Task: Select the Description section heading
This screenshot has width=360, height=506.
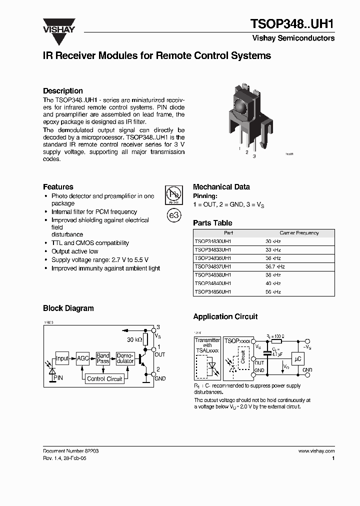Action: point(62,91)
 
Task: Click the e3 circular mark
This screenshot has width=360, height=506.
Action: point(173,215)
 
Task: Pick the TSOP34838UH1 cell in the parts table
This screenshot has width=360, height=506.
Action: point(213,275)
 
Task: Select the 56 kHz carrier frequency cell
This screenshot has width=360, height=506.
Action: point(273,292)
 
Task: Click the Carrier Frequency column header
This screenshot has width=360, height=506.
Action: point(299,233)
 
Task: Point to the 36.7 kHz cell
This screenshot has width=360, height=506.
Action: point(275,266)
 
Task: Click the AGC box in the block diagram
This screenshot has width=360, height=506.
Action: point(82,358)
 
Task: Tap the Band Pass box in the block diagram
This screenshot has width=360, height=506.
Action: point(103,358)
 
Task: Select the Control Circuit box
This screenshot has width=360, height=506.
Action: point(104,379)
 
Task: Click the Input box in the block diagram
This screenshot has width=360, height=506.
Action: point(62,358)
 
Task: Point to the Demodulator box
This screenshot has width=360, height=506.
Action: point(125,358)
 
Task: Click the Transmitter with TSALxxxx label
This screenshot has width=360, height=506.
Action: point(207,345)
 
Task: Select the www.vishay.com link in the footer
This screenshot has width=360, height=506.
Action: point(316,451)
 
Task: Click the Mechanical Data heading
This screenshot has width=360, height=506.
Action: point(221,187)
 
